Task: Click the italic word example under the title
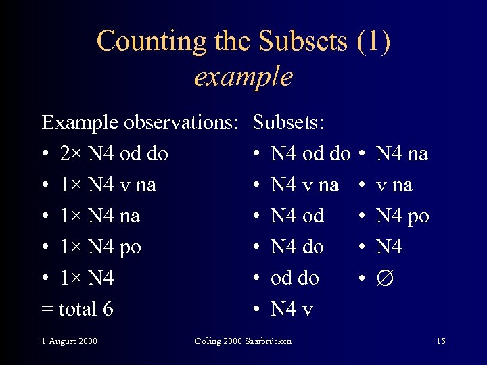tap(243, 76)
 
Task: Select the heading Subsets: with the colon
tap(288, 122)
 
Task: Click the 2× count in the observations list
tap(71, 154)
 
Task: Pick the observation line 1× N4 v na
tap(108, 185)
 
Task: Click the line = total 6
tap(77, 310)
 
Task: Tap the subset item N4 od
tap(297, 216)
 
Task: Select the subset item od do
tap(294, 278)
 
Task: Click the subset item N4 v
tap(292, 310)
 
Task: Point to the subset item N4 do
tap(297, 247)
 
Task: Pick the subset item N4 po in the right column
tap(402, 216)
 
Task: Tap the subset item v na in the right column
tap(394, 185)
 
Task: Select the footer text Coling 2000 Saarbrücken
tap(243, 341)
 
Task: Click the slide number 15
tap(441, 341)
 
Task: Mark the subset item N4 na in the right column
tap(402, 154)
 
